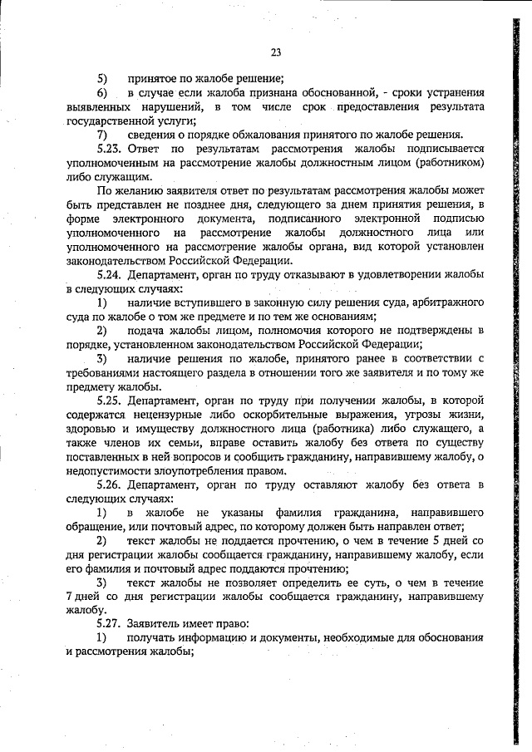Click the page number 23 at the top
pos(275,52)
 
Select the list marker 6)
pos(101,92)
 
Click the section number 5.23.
pos(108,149)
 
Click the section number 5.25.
pos(108,401)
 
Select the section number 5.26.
pos(108,484)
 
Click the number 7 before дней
pos(68,597)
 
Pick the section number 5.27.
pos(108,624)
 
